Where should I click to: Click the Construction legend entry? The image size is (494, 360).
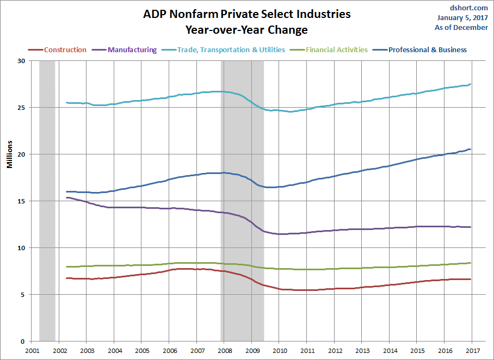[x=65, y=50]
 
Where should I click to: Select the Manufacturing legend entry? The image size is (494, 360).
[x=132, y=50]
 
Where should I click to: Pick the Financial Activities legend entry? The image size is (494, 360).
[x=337, y=50]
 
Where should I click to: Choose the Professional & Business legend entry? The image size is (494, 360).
[x=428, y=50]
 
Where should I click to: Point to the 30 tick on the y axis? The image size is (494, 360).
[x=21, y=61]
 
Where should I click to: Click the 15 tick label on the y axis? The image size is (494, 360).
[x=21, y=201]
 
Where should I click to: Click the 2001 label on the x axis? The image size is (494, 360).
[x=32, y=351]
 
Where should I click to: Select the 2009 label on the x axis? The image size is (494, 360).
[x=252, y=351]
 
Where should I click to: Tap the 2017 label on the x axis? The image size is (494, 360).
[x=472, y=351]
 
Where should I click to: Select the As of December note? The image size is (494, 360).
[x=461, y=27]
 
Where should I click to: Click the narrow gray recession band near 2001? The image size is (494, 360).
[x=47, y=201]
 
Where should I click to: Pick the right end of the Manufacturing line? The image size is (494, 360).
[x=470, y=227]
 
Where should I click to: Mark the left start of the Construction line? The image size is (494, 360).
[x=66, y=278]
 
